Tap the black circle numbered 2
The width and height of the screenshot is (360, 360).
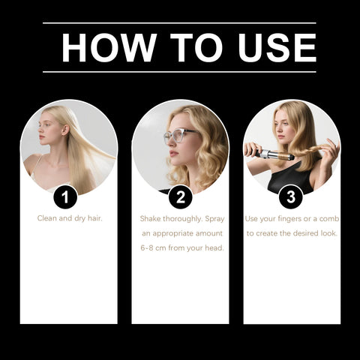point(180,197)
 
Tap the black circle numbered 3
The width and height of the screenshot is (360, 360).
point(291,197)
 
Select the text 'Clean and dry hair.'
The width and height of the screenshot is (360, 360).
point(69,218)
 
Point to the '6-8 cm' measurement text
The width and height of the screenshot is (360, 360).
point(156,247)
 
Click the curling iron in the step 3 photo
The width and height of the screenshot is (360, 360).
point(267,155)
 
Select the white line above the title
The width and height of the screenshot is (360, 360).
point(179,23)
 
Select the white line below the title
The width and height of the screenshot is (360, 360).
point(179,72)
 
